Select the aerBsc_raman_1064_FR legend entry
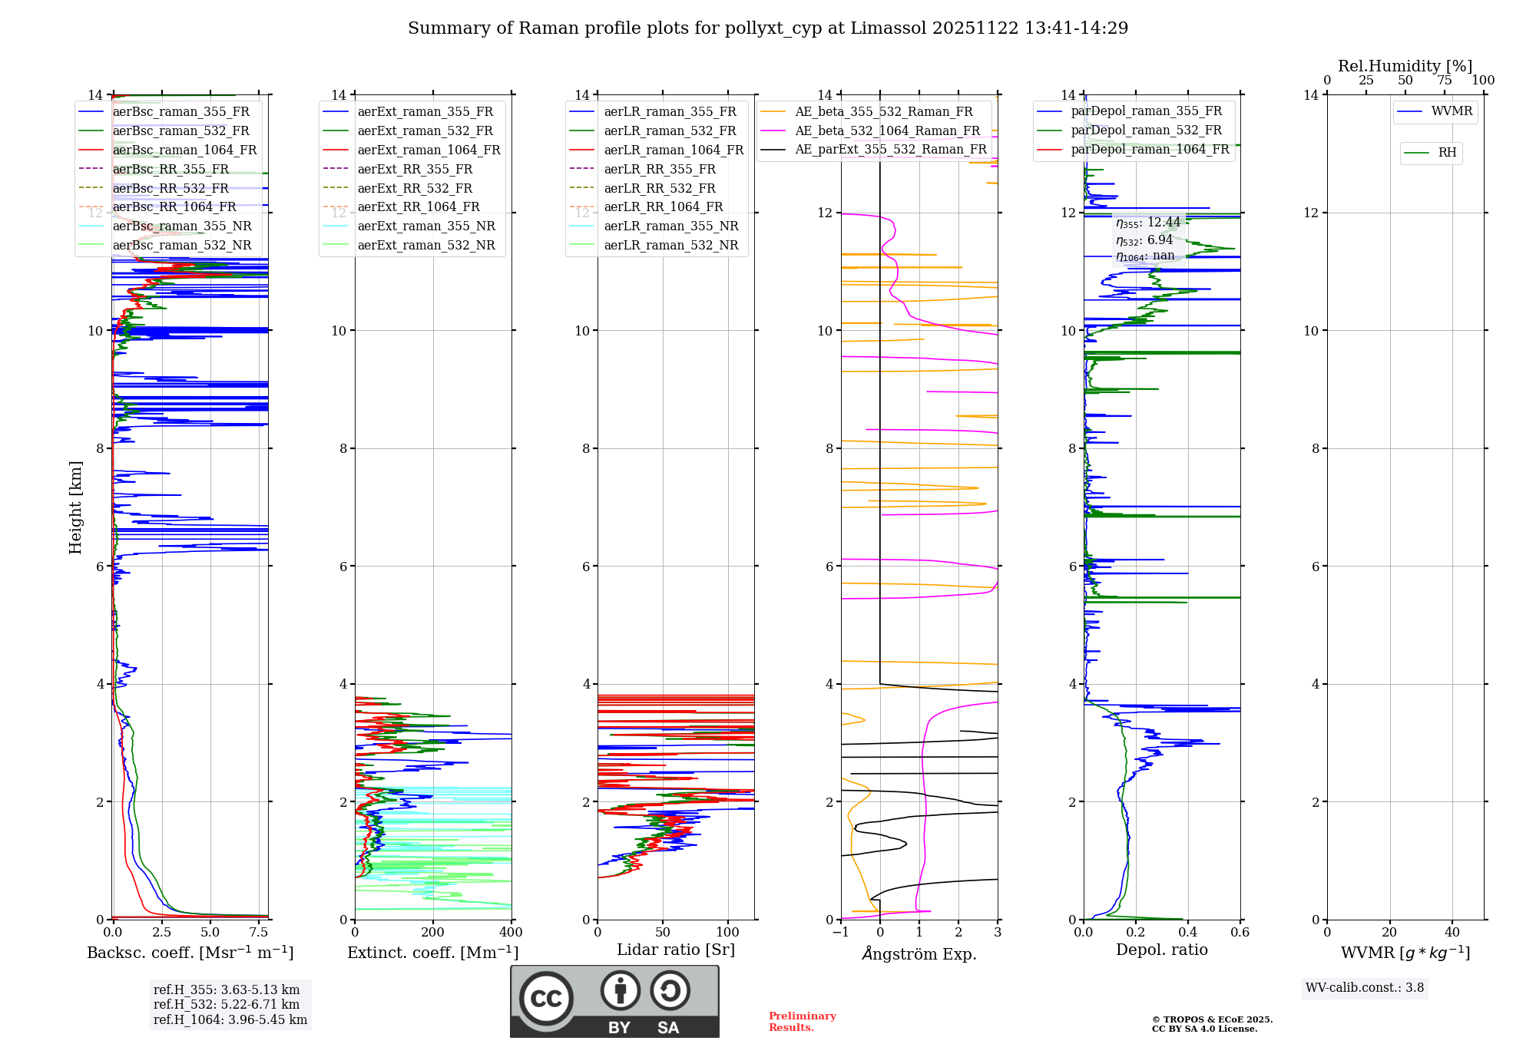point(184,150)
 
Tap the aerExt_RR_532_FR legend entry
point(415,188)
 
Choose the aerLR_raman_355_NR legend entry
point(670,226)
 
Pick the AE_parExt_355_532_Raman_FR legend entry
point(890,150)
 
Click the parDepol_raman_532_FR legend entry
point(1146,130)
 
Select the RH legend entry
point(1447,153)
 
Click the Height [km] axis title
point(75,507)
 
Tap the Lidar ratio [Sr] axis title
point(676,950)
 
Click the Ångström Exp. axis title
point(919,953)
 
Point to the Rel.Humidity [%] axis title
point(1405,66)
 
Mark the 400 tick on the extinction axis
point(511,933)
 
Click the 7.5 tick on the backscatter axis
point(259,933)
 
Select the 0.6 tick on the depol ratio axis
point(1240,933)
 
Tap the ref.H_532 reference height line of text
point(227,1005)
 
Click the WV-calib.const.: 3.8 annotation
point(1365,988)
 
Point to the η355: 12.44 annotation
point(1147,223)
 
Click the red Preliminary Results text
point(802,1022)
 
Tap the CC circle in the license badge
point(546,999)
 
